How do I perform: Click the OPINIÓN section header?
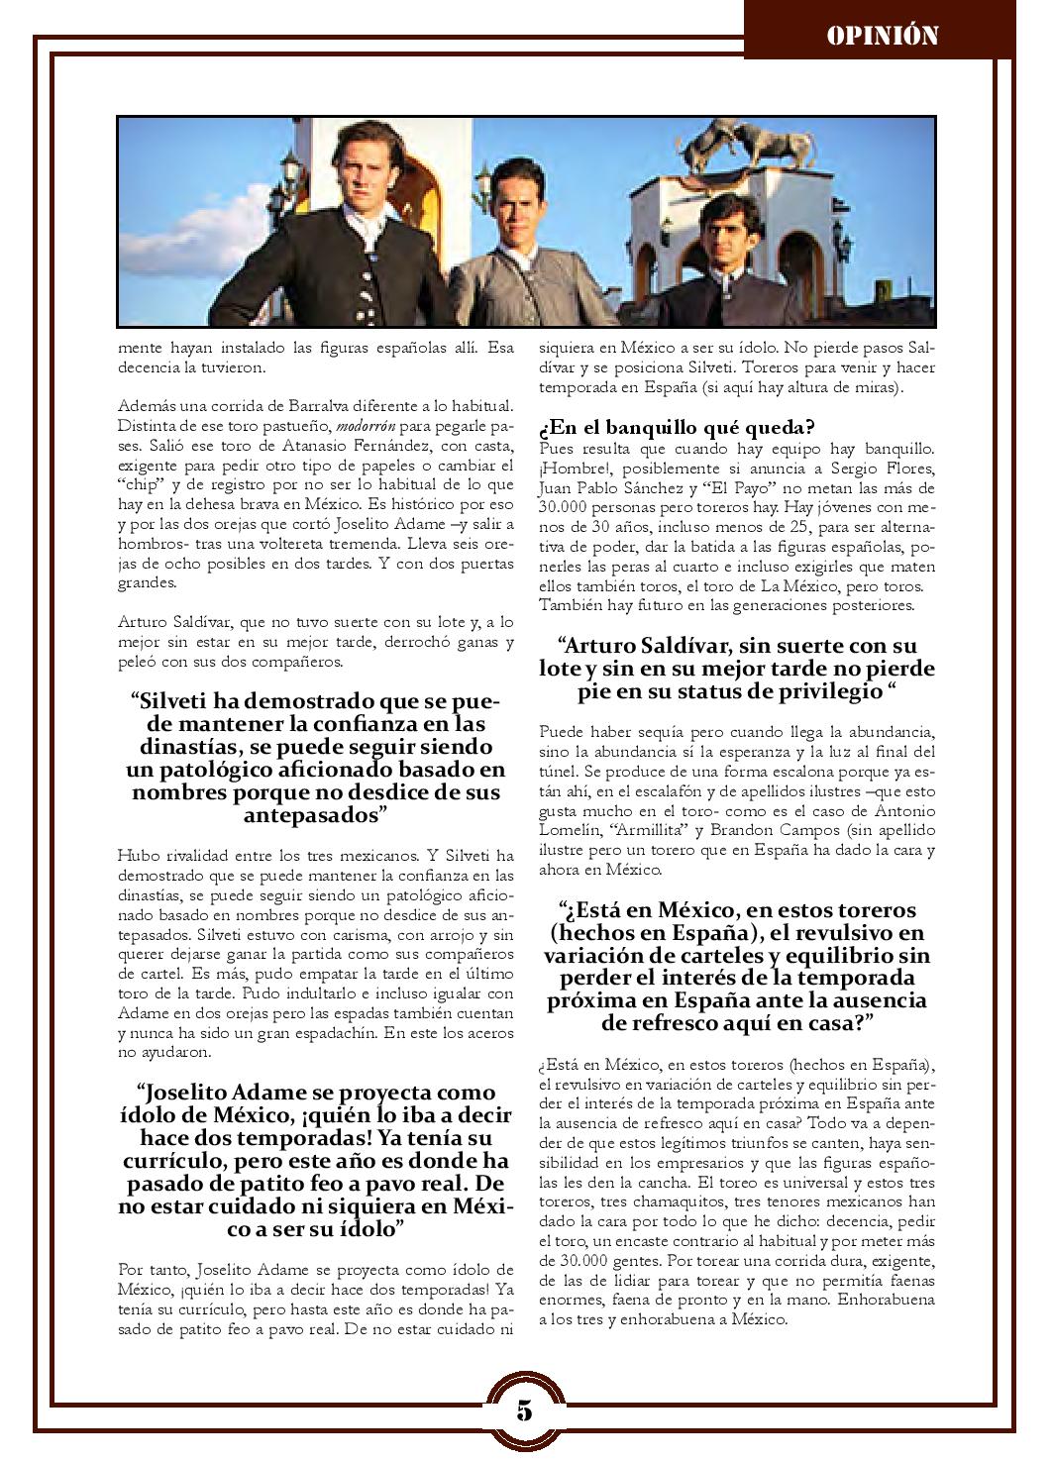point(882,36)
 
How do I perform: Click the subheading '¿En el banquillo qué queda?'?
point(677,428)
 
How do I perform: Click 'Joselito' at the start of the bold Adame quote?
point(189,1093)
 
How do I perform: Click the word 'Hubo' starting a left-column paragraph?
point(137,857)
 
